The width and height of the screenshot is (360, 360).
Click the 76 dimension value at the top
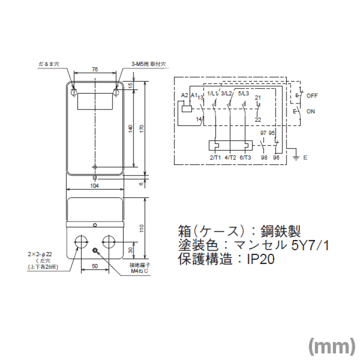[95, 69]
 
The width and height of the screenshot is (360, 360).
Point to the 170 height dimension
[142, 128]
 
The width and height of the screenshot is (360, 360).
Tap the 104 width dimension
[94, 186]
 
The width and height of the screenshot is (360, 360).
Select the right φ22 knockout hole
[108, 242]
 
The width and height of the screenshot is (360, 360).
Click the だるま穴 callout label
[48, 64]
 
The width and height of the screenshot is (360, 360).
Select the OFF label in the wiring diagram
[312, 95]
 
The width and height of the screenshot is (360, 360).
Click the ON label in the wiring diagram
[310, 111]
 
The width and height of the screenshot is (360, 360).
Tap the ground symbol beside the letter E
[295, 158]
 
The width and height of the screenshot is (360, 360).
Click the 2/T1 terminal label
[215, 157]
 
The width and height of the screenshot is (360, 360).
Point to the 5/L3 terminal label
[243, 93]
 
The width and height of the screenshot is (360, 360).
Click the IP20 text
[260, 259]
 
